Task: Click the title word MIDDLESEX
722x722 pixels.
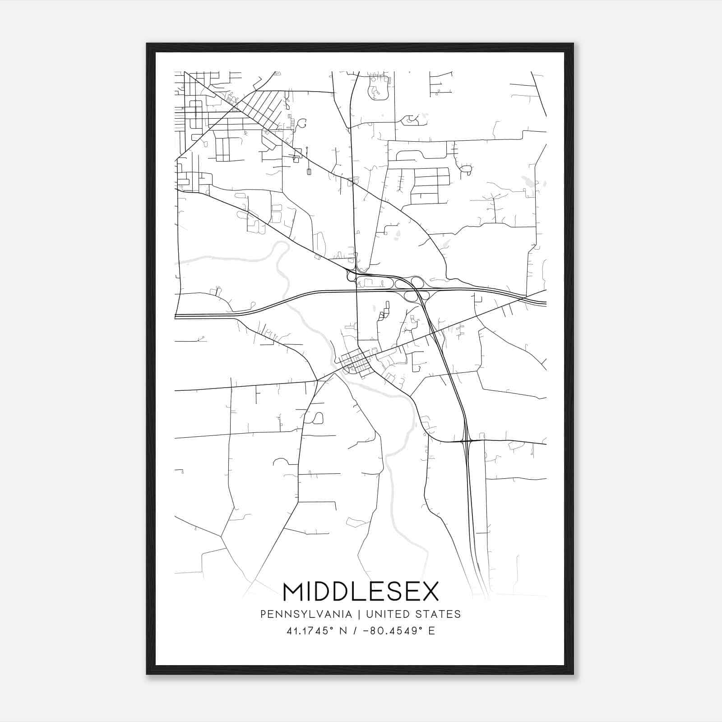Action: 361,592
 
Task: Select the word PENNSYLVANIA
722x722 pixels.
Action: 305,614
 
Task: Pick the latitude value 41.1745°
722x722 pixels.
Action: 310,630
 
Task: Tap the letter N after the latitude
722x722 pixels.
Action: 343,630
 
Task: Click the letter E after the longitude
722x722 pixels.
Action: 432,630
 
